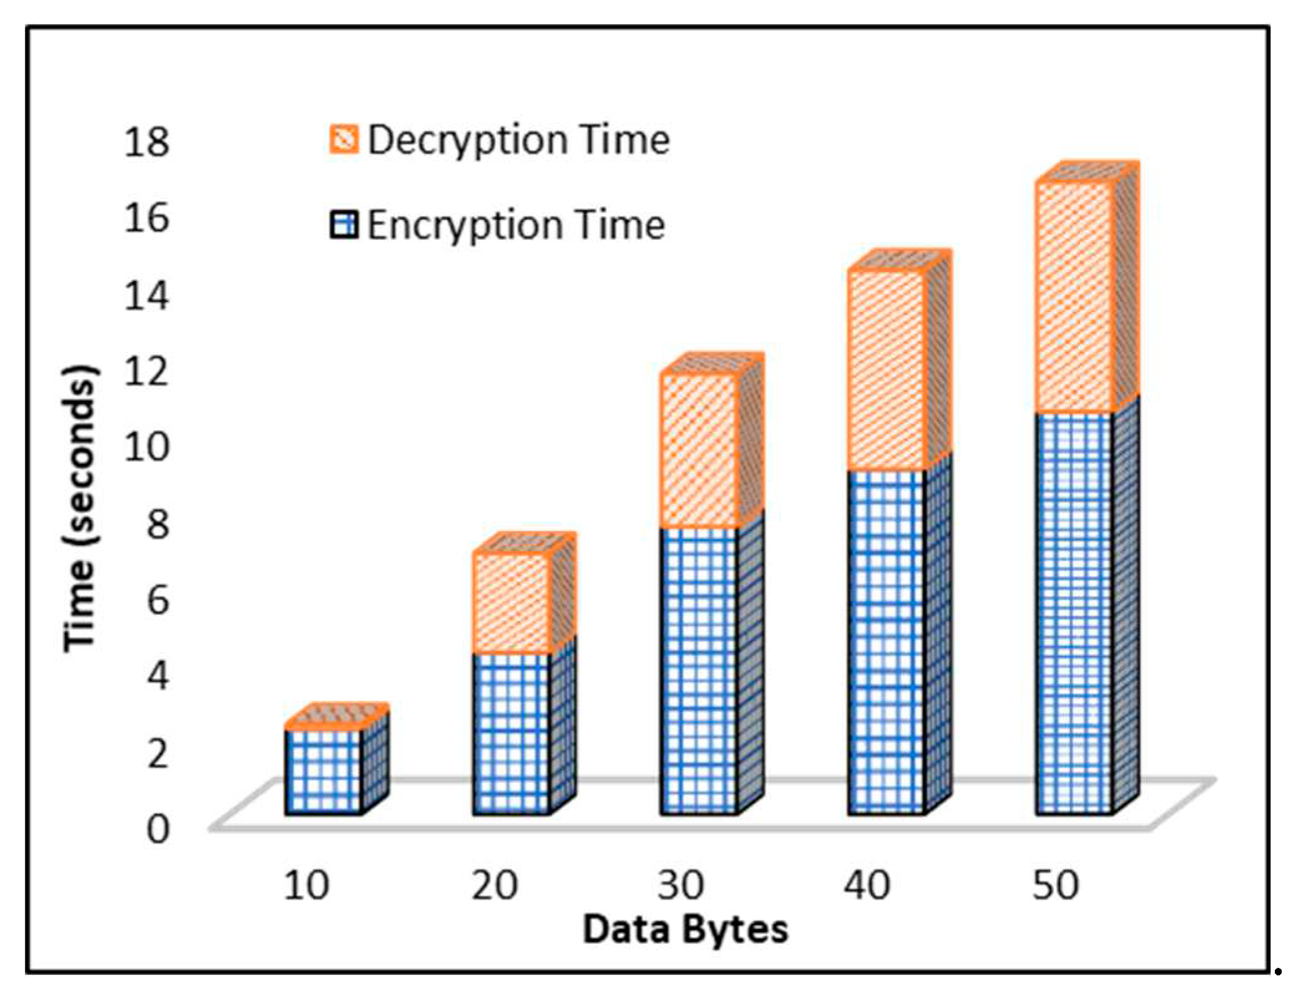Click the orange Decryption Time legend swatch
tap(344, 139)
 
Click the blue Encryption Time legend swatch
tap(344, 225)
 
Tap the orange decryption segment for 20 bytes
tap(510, 602)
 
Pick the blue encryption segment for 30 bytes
tap(698, 670)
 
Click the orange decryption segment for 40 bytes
tap(886, 371)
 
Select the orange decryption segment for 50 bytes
tap(1074, 298)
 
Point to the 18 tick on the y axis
tap(146, 142)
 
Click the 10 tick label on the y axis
tap(146, 447)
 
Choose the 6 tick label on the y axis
tap(157, 600)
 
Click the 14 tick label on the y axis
tap(146, 295)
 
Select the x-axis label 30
tap(680, 885)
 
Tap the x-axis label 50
tap(1055, 885)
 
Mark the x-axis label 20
tap(494, 885)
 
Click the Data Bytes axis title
tap(685, 930)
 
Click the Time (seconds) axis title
tap(81, 508)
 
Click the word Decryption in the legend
tap(466, 140)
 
